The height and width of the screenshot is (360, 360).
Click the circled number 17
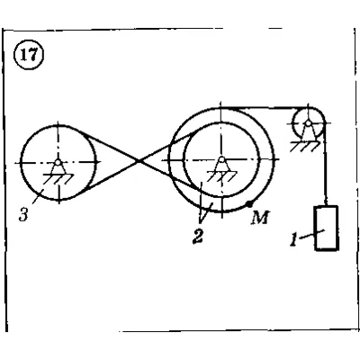point(29,56)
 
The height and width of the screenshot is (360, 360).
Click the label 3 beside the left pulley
point(23,215)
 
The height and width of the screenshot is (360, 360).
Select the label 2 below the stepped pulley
point(197,236)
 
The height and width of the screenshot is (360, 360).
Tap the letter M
point(260,218)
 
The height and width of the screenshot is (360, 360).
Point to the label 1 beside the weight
point(293,239)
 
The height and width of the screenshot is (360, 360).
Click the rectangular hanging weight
point(327,228)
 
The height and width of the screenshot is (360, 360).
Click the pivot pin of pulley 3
point(58,162)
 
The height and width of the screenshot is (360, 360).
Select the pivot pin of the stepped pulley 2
point(221,159)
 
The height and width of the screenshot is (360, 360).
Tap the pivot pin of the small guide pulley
point(308,122)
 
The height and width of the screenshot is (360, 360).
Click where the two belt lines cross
point(139,161)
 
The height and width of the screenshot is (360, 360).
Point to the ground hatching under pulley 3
point(58,179)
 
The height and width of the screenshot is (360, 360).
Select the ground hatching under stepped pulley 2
point(222,176)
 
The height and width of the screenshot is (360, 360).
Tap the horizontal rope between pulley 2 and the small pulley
point(264,108)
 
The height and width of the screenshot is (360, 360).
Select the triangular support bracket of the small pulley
point(308,132)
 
